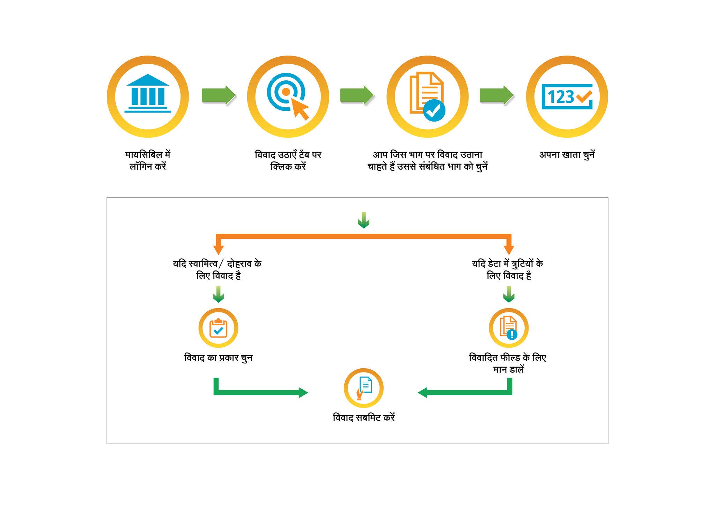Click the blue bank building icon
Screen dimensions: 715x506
point(148,93)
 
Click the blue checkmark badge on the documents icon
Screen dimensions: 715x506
point(434,110)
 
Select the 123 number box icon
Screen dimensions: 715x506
point(567,96)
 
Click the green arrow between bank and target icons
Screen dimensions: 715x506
point(219,95)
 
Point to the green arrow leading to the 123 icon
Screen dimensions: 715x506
point(496,95)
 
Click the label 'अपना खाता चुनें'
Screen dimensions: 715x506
point(567,155)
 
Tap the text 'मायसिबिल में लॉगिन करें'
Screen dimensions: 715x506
point(148,160)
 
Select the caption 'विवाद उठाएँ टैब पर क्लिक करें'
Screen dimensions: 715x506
point(288,160)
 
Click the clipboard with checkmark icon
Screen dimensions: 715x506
point(218,328)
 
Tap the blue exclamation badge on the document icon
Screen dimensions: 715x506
point(512,334)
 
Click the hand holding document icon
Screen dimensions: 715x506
point(364,388)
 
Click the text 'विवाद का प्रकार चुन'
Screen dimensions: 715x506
point(218,358)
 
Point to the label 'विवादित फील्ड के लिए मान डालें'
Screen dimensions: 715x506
point(508,363)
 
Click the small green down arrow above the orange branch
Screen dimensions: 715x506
point(364,220)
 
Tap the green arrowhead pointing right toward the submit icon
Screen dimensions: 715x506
point(303,392)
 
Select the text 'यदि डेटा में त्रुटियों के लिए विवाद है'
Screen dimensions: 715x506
point(508,269)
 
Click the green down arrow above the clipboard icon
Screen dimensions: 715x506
point(218,295)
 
